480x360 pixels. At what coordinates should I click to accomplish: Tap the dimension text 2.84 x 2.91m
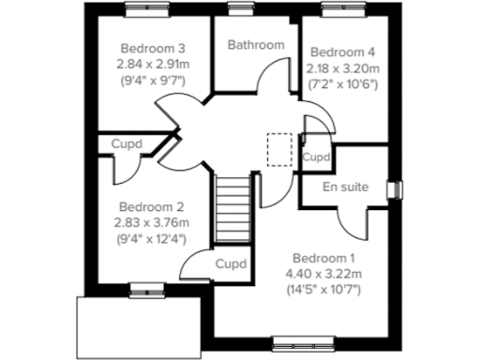click(151, 64)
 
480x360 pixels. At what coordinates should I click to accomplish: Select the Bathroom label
click(256, 44)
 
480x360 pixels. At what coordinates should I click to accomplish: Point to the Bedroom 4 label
click(343, 52)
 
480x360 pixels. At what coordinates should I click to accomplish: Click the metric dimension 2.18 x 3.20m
click(343, 67)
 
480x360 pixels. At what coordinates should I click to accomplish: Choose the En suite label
click(344, 187)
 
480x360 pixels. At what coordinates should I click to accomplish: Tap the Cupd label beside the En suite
click(317, 157)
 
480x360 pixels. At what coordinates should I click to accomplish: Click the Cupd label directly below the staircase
click(231, 263)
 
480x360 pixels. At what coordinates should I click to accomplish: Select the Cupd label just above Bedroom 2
click(127, 144)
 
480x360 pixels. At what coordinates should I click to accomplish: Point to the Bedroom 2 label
click(151, 206)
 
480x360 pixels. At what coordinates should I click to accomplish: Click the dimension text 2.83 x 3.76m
click(151, 222)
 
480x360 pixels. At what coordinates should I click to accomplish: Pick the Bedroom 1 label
click(323, 258)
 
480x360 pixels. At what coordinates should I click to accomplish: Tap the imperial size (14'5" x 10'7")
click(323, 290)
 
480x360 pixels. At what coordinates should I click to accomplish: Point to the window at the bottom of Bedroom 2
click(143, 290)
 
